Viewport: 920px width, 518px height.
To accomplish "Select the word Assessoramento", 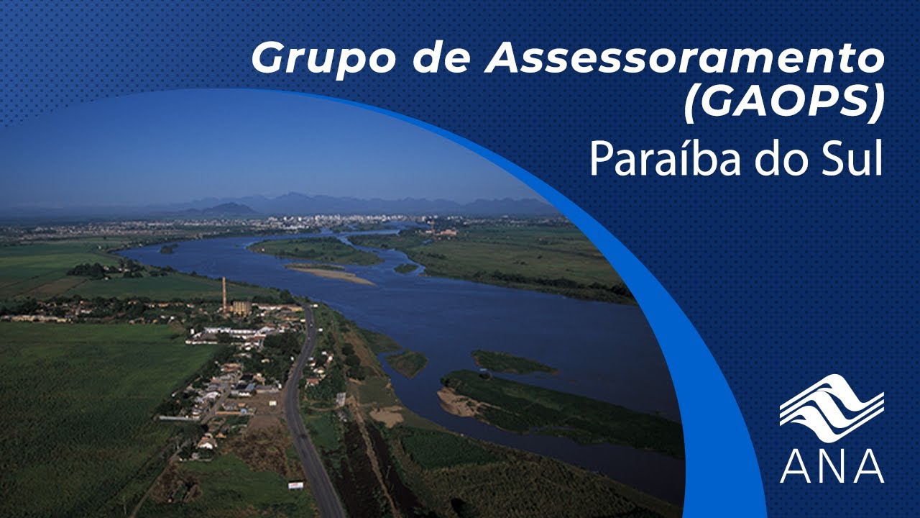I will (x=685, y=58).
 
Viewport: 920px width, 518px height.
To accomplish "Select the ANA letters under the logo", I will (x=832, y=466).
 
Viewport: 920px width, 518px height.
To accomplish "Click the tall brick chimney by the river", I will (x=224, y=295).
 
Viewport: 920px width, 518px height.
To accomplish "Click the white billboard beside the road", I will (x=295, y=485).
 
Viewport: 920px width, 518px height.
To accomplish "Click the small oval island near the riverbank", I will (x=407, y=362).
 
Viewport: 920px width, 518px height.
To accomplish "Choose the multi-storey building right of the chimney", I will (x=241, y=307).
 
